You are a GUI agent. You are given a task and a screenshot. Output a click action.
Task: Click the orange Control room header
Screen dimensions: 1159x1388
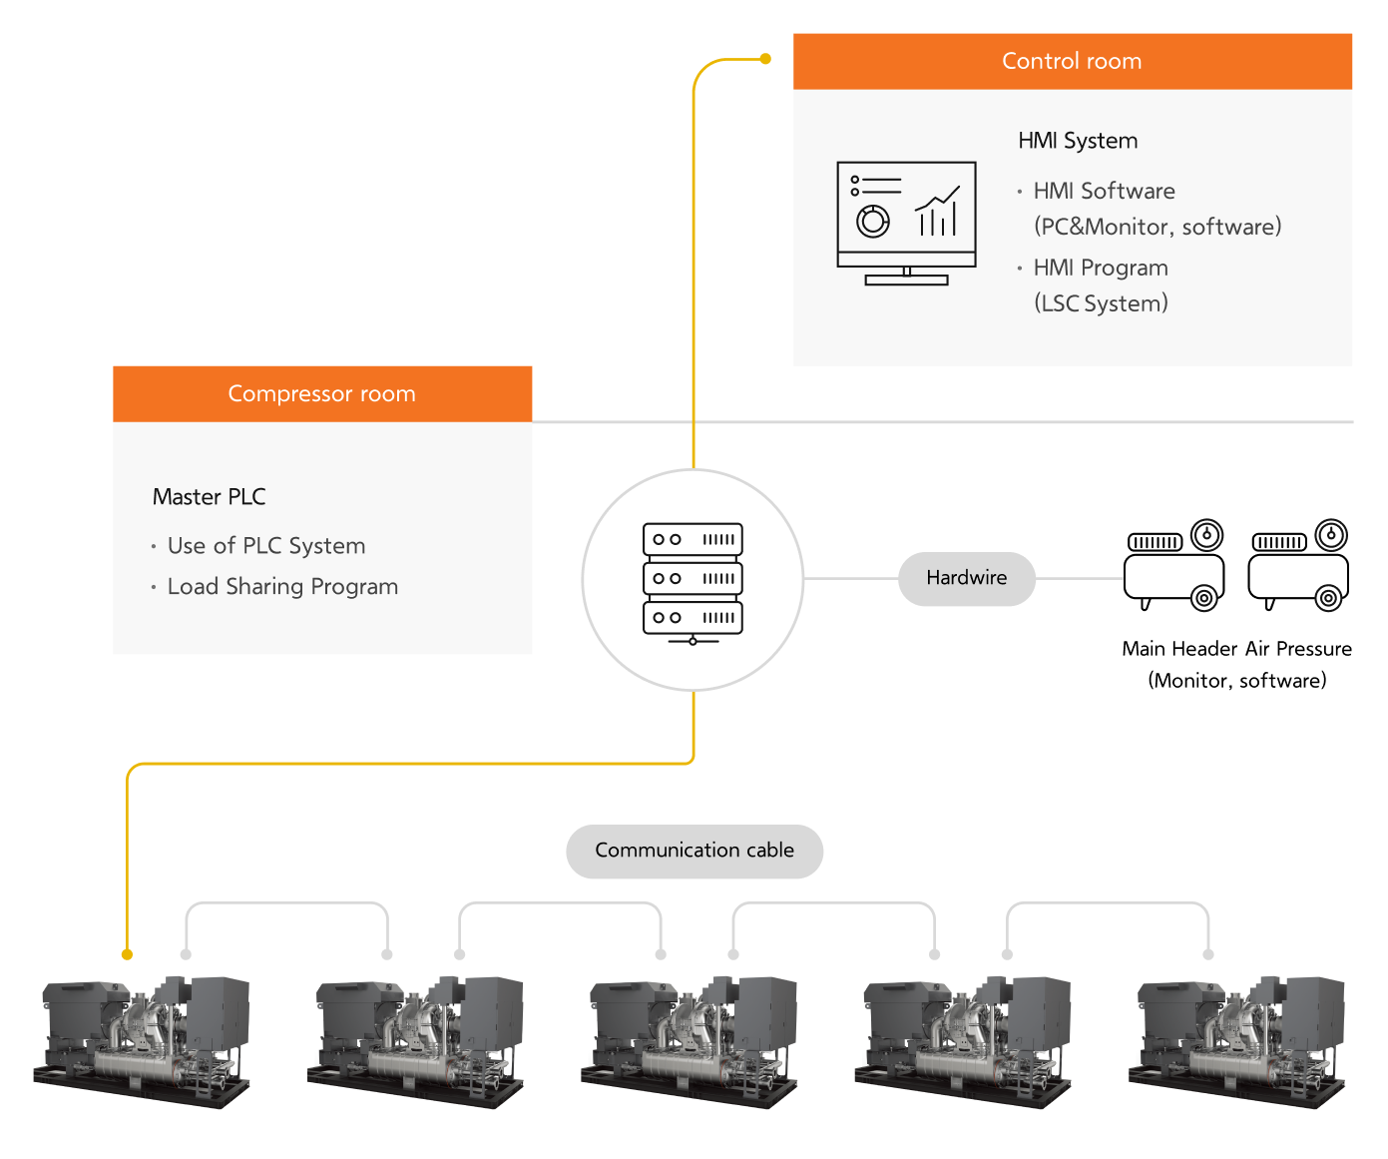1072,62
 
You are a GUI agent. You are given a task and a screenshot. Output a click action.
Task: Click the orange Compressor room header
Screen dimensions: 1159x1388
321,394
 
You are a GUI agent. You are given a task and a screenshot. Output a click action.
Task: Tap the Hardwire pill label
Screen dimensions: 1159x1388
966,578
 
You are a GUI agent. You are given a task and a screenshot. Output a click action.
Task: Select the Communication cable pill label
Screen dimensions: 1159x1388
694,851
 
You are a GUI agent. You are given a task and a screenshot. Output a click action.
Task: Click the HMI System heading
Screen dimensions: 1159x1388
1078,141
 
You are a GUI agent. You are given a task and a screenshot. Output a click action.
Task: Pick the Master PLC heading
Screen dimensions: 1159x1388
210,497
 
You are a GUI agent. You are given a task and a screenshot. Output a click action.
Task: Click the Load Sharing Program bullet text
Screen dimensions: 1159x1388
282,587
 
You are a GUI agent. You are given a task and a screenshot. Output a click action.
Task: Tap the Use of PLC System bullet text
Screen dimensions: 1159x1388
266,546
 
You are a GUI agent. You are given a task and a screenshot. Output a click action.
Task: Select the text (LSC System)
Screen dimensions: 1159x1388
1101,303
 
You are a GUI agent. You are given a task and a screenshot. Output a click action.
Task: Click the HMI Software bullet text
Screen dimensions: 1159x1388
1104,191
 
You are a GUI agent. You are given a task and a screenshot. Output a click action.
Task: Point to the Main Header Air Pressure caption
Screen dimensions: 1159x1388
1236,649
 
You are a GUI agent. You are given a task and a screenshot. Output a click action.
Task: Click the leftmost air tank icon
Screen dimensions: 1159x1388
1174,566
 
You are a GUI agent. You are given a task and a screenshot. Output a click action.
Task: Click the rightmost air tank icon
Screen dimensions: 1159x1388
1299,566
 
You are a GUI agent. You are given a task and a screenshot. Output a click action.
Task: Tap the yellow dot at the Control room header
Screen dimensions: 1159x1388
765,59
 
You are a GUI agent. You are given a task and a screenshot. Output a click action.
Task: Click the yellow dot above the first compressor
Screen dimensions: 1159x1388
127,954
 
